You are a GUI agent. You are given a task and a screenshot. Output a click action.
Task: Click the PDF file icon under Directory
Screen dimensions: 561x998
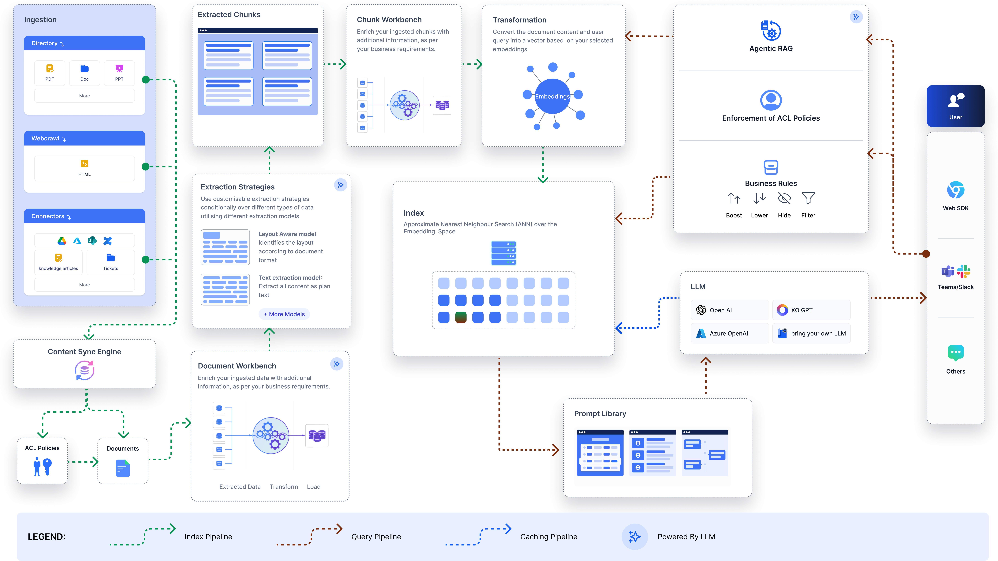(x=50, y=69)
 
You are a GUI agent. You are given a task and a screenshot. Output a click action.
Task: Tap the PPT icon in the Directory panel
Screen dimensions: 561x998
(x=119, y=69)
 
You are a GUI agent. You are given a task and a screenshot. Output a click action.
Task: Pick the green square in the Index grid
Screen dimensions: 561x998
(x=461, y=317)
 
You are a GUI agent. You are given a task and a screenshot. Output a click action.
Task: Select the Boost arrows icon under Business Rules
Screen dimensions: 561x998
(x=734, y=198)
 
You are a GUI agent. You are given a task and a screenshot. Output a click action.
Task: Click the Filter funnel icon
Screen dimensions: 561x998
(x=808, y=198)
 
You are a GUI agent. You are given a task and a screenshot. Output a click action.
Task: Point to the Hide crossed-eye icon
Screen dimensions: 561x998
(x=784, y=198)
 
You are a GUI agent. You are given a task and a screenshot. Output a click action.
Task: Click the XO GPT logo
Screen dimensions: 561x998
(x=782, y=310)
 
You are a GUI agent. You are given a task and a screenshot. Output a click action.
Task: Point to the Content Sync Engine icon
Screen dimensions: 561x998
(x=84, y=370)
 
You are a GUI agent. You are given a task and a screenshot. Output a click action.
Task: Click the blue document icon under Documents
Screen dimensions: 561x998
(x=123, y=468)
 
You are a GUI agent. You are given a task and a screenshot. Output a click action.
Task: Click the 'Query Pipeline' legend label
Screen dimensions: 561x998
(x=376, y=537)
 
